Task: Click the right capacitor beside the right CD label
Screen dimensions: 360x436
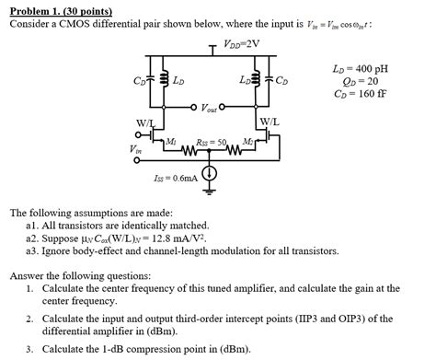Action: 274,81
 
